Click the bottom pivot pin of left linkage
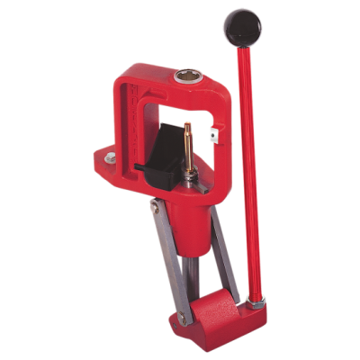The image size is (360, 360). tap(183, 318)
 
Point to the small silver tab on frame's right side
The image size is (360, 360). tap(212, 137)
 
